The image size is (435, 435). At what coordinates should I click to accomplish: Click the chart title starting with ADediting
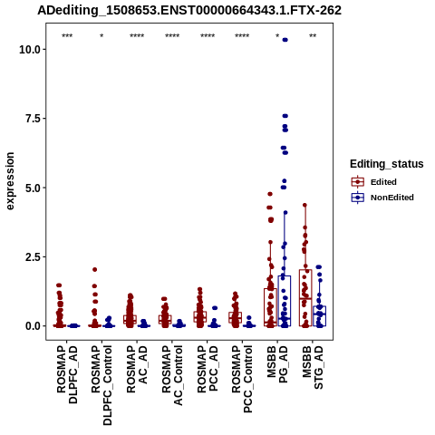(x=189, y=11)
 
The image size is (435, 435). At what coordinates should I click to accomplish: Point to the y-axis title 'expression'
(x=10, y=181)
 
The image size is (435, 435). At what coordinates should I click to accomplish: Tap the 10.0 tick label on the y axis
(x=30, y=49)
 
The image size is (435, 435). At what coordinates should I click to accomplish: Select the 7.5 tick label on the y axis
(x=34, y=119)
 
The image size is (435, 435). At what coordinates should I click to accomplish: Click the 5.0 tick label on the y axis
(x=34, y=188)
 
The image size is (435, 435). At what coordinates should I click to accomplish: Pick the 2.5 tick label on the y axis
(x=34, y=256)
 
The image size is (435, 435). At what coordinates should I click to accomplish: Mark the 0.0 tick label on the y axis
(x=34, y=326)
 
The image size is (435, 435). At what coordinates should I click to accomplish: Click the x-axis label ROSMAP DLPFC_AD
(x=67, y=375)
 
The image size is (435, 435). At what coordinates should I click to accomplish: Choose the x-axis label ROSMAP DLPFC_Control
(x=101, y=385)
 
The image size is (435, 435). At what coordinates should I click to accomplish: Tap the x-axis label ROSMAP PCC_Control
(x=242, y=380)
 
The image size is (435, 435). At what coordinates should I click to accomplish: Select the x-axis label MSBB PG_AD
(x=277, y=364)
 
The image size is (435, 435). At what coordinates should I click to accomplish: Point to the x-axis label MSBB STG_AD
(x=313, y=368)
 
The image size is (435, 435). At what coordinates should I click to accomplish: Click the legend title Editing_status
(x=387, y=164)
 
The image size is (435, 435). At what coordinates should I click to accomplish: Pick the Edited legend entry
(x=373, y=182)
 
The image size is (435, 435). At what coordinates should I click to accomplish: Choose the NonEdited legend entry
(x=382, y=198)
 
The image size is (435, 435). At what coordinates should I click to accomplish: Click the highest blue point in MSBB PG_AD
(x=285, y=40)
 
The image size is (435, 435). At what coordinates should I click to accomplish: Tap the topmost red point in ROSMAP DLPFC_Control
(x=94, y=269)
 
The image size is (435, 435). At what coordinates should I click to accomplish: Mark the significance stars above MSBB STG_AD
(x=313, y=36)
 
